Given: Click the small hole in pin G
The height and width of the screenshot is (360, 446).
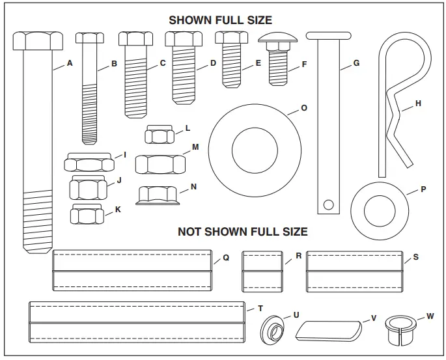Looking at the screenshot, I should coord(329,206).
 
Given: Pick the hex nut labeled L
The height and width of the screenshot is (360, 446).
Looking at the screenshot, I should coord(158,136).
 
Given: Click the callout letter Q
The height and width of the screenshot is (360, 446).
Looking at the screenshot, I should coord(226,258).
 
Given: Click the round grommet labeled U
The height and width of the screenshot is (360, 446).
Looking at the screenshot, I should coord(274,329).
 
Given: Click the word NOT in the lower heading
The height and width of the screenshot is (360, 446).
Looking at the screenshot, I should coord(190,232).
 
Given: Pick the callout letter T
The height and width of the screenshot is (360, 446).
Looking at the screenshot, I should coord(260,308).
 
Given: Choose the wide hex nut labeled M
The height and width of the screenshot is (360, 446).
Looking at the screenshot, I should coord(160,163).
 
